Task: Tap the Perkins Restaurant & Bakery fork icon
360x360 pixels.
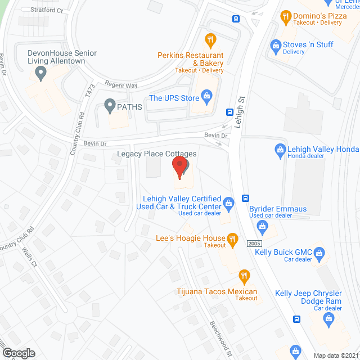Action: click(x=210, y=39)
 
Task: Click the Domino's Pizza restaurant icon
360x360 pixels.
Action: click(x=286, y=17)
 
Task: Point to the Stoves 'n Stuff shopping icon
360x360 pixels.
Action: click(x=276, y=44)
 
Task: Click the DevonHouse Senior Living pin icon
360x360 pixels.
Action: click(x=40, y=72)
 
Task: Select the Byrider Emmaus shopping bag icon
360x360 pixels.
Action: click(x=262, y=226)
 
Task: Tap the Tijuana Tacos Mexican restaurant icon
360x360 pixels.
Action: click(x=244, y=276)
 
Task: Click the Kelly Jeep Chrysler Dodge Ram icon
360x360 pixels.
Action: click(x=328, y=319)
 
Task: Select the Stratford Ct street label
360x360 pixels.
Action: click(x=47, y=10)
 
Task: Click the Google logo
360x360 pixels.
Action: click(x=19, y=353)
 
